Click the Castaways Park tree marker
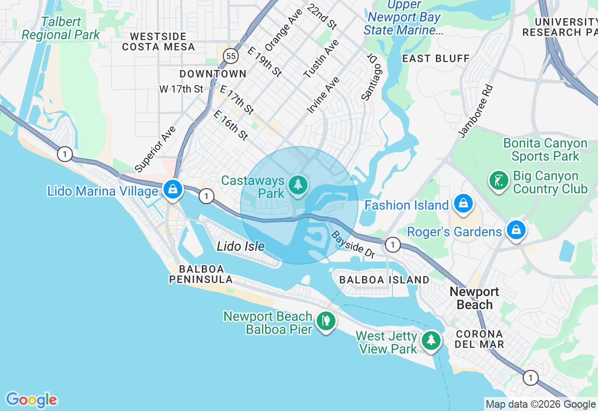tap(298, 185)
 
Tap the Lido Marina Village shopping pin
tap(173, 189)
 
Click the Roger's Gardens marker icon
tap(516, 230)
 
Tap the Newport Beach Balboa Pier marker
tap(326, 321)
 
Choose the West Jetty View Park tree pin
tap(431, 340)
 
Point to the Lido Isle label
tap(241, 246)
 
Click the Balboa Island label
tap(384, 280)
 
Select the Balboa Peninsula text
tap(201, 274)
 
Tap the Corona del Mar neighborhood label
tap(479, 339)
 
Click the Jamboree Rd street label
tap(476, 111)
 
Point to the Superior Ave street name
tap(156, 149)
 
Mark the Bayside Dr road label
tap(353, 244)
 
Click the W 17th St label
tap(181, 89)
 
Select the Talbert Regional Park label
tap(61, 28)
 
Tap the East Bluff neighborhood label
tap(435, 58)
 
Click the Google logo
tap(31, 400)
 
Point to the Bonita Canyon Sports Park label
tap(545, 149)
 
